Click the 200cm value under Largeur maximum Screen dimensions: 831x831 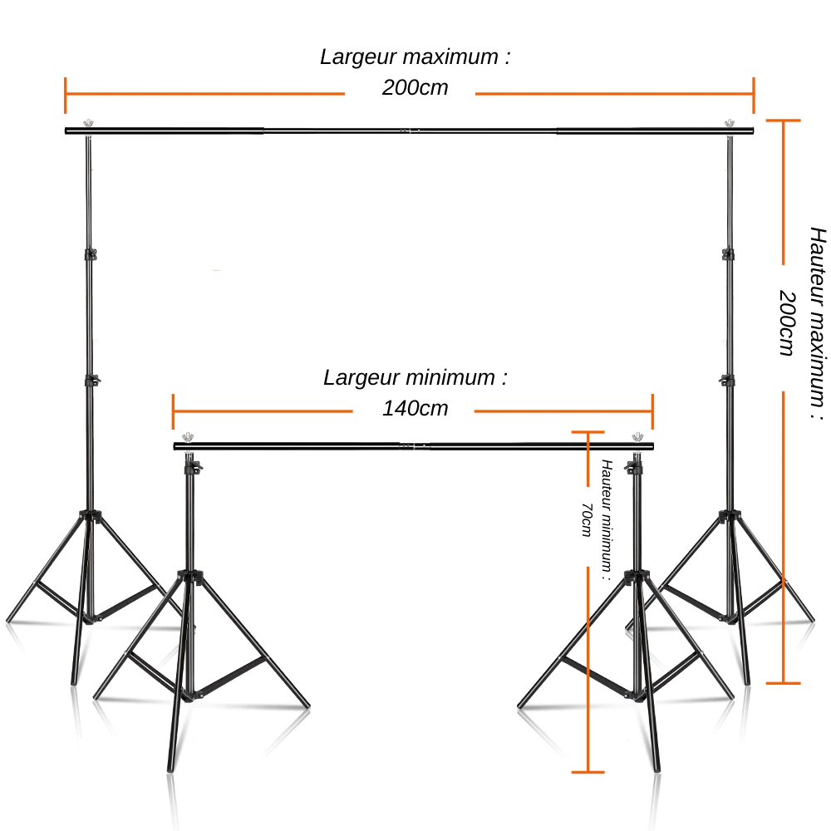[x=415, y=87]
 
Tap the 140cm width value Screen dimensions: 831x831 [x=415, y=408]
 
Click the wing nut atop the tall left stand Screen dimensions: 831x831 [x=88, y=124]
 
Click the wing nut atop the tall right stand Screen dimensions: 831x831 [x=730, y=124]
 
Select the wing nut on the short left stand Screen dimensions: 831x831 [x=189, y=437]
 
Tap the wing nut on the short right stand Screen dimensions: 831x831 [x=637, y=437]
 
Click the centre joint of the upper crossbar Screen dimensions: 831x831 [x=409, y=130]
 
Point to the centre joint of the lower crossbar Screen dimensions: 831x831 [x=413, y=446]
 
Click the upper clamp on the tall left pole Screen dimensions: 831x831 [x=89, y=253]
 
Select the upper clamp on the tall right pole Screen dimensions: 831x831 [x=729, y=253]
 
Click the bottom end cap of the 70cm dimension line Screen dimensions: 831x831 [x=588, y=771]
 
